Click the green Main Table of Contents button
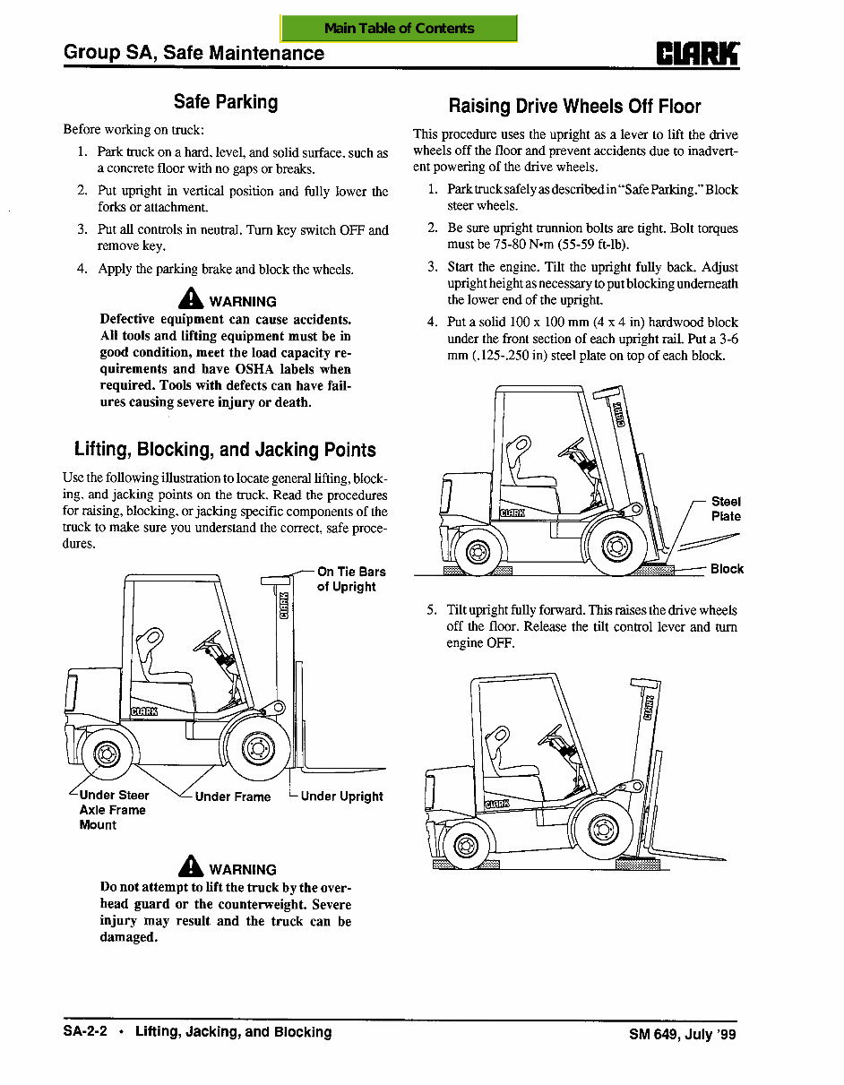tap(399, 28)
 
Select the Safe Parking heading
tap(226, 102)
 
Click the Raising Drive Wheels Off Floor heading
tap(574, 107)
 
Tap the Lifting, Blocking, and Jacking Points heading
tap(225, 450)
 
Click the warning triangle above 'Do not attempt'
tap(192, 866)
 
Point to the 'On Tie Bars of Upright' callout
tap(350, 579)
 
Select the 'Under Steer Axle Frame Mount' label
tap(113, 810)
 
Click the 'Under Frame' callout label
tap(232, 797)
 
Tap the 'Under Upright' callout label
tap(341, 796)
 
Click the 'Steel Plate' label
tap(726, 509)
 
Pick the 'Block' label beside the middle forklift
tap(727, 569)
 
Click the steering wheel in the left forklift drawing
tap(208, 642)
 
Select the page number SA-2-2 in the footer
tap(85, 1032)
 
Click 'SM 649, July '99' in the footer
tap(682, 1034)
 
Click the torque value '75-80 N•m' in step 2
tap(515, 245)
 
